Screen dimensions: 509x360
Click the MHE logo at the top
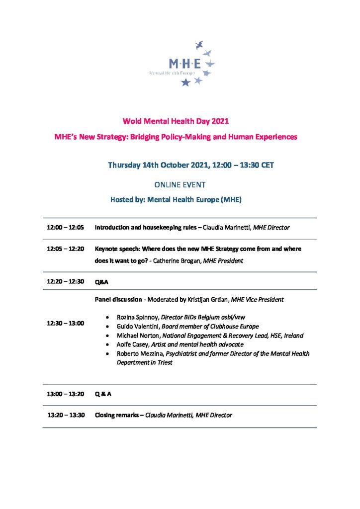tap(181, 64)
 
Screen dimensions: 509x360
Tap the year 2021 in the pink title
tap(220, 121)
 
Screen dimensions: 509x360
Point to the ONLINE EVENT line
tap(180, 184)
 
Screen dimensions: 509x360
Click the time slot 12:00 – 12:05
tap(66, 228)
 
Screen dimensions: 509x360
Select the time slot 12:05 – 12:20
tap(66, 249)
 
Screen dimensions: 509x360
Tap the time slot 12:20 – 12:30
tap(66, 281)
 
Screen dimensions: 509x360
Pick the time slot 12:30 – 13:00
tap(66, 323)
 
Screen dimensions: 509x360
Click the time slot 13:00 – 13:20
tap(66, 394)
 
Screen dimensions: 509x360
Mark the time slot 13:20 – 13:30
tap(66, 415)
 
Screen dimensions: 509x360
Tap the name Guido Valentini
tap(136, 326)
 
